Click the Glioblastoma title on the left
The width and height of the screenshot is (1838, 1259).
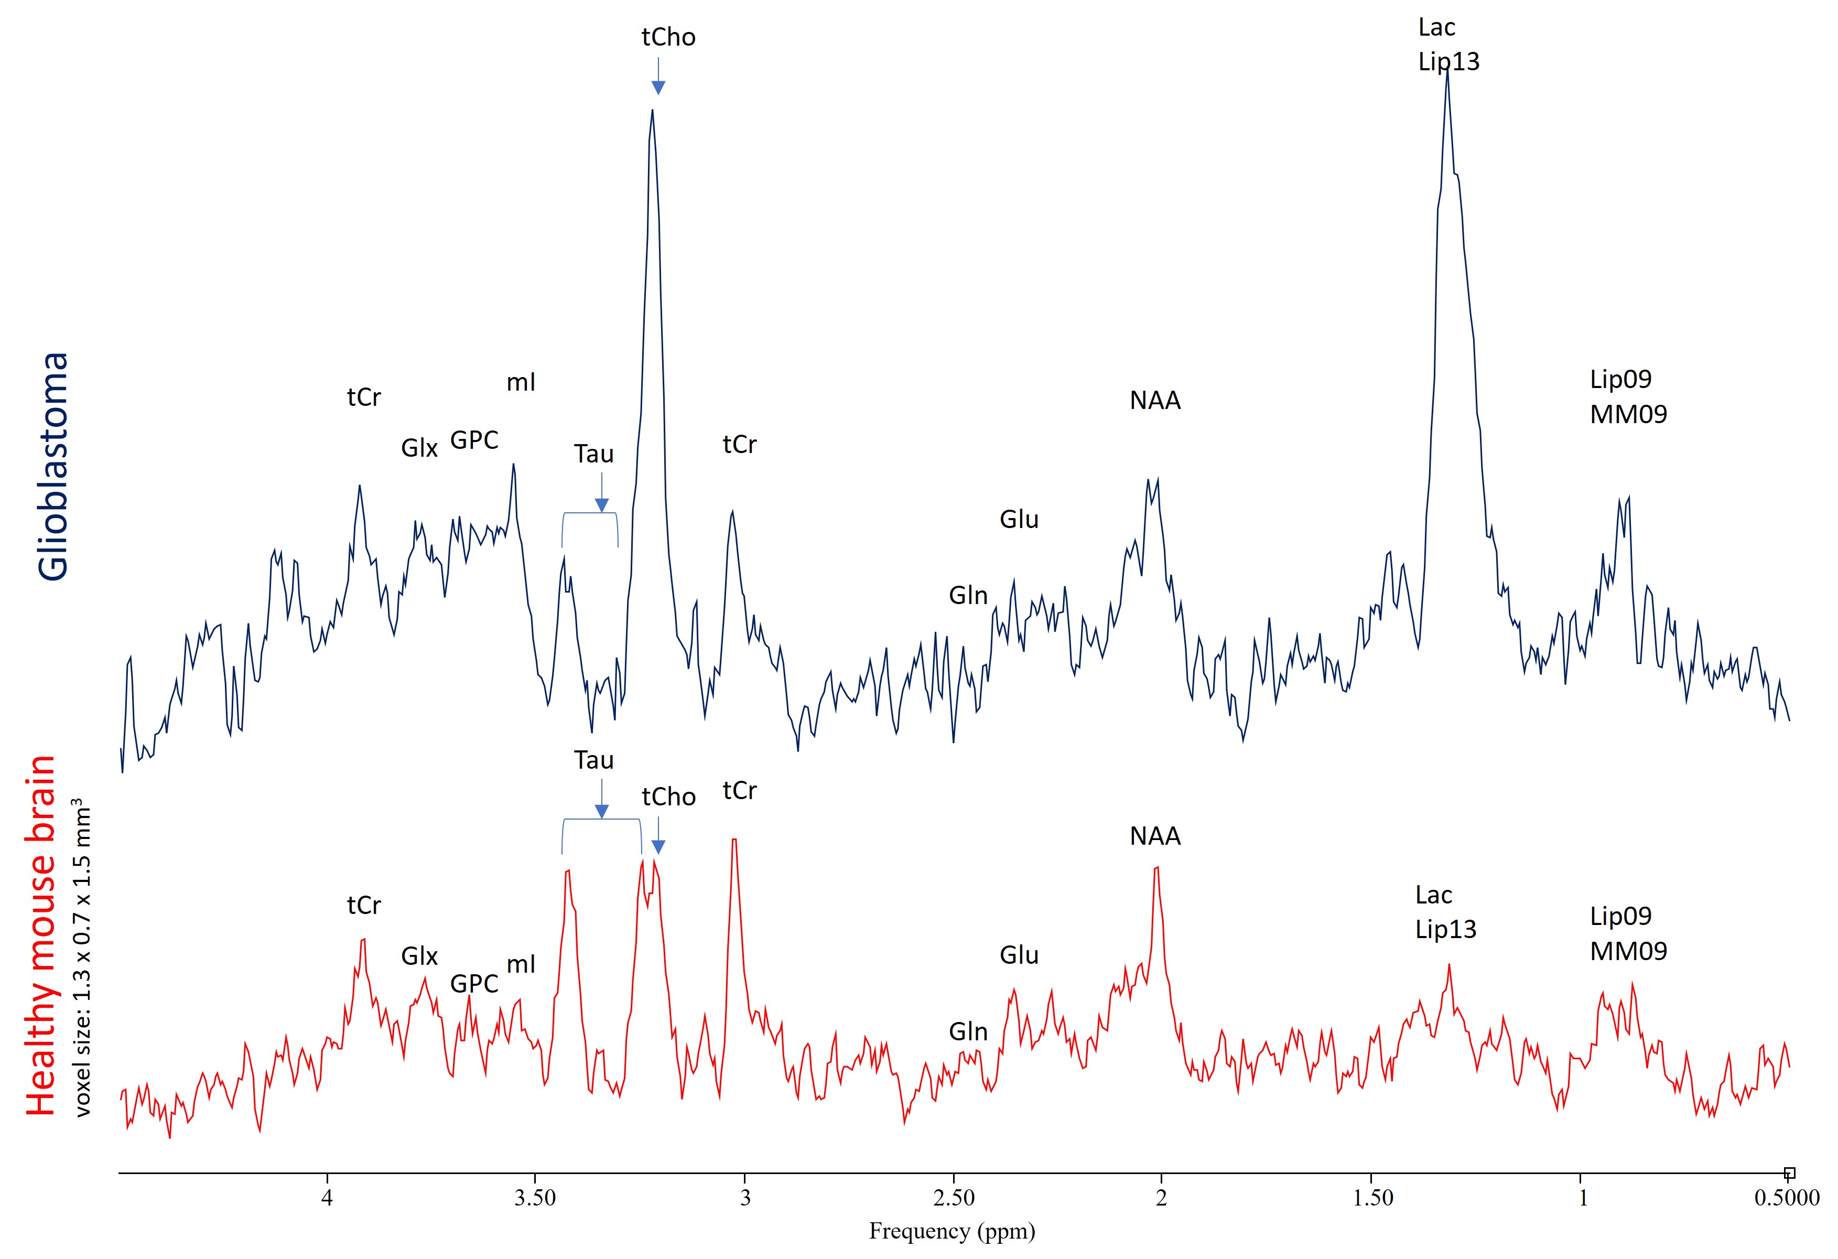54,467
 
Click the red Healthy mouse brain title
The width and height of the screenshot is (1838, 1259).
41,935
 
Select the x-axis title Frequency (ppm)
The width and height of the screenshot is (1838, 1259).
952,1231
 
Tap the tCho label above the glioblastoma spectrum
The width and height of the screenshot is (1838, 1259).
668,37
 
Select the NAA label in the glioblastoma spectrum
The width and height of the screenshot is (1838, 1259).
1155,401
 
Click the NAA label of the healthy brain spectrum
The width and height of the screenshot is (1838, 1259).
1155,836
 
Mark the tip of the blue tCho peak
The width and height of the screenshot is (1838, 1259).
653,111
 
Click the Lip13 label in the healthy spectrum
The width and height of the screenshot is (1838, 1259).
1446,929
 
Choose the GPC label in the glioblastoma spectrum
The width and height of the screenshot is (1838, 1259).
474,440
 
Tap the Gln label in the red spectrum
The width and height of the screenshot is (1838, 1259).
968,1032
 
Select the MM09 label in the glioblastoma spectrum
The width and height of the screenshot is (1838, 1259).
1628,414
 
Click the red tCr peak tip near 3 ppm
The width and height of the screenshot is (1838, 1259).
734,840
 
